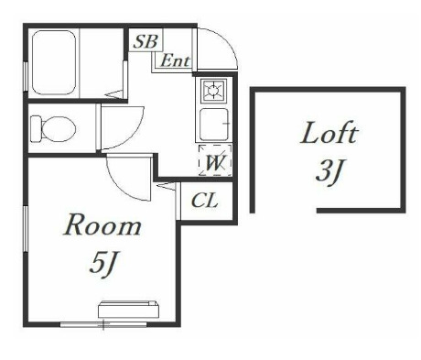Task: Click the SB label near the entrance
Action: (146, 41)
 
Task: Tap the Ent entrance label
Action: (175, 60)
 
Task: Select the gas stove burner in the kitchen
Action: (213, 90)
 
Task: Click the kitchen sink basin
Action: (214, 124)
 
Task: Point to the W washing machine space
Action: (215, 160)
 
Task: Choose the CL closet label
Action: (205, 201)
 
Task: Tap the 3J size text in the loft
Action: (329, 172)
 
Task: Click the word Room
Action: (103, 225)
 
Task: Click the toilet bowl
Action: (58, 128)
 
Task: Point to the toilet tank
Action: (36, 128)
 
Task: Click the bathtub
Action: (54, 62)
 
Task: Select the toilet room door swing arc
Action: (136, 132)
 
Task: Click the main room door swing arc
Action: (120, 185)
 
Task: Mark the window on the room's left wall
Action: (26, 229)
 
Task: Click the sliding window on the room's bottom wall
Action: (103, 324)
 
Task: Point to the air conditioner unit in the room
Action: (128, 310)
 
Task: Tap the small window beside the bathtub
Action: (26, 76)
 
